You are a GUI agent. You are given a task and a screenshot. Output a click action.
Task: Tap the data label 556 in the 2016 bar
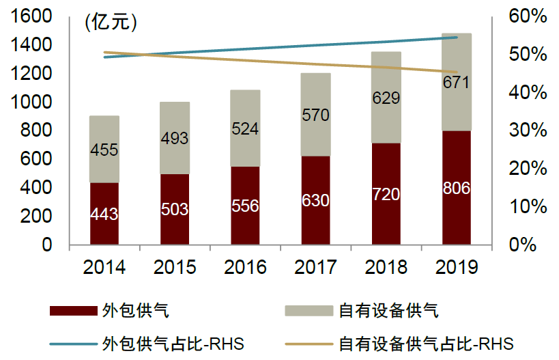245,206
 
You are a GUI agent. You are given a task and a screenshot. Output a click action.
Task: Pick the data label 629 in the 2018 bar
386,98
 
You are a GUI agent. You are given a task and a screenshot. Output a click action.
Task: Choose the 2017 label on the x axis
315,267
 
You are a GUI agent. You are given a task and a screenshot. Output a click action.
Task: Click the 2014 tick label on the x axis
104,267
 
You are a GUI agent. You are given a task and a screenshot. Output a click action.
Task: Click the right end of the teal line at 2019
457,38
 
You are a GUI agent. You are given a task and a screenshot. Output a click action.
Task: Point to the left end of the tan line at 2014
104,52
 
